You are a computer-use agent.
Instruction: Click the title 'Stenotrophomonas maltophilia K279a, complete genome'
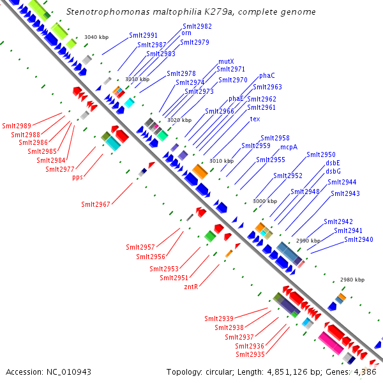(x=191, y=12)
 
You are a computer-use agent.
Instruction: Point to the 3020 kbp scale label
(x=179, y=120)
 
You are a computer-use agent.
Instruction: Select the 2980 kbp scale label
(x=352, y=280)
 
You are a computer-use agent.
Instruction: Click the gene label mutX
(x=226, y=62)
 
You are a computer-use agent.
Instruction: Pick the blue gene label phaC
(x=267, y=76)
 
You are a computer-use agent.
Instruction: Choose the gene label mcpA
(x=289, y=147)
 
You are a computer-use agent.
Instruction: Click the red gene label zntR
(x=190, y=287)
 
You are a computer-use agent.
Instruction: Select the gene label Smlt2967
(x=95, y=204)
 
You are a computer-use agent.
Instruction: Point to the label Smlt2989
(x=16, y=126)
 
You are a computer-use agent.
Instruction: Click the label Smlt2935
(x=250, y=354)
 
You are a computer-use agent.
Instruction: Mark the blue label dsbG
(x=333, y=171)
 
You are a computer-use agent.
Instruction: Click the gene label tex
(x=255, y=119)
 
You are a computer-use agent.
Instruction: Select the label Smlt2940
(x=359, y=239)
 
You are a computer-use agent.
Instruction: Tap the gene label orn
(x=186, y=33)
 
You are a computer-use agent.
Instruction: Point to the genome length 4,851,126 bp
(x=299, y=372)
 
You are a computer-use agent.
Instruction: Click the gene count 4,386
(x=366, y=372)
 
